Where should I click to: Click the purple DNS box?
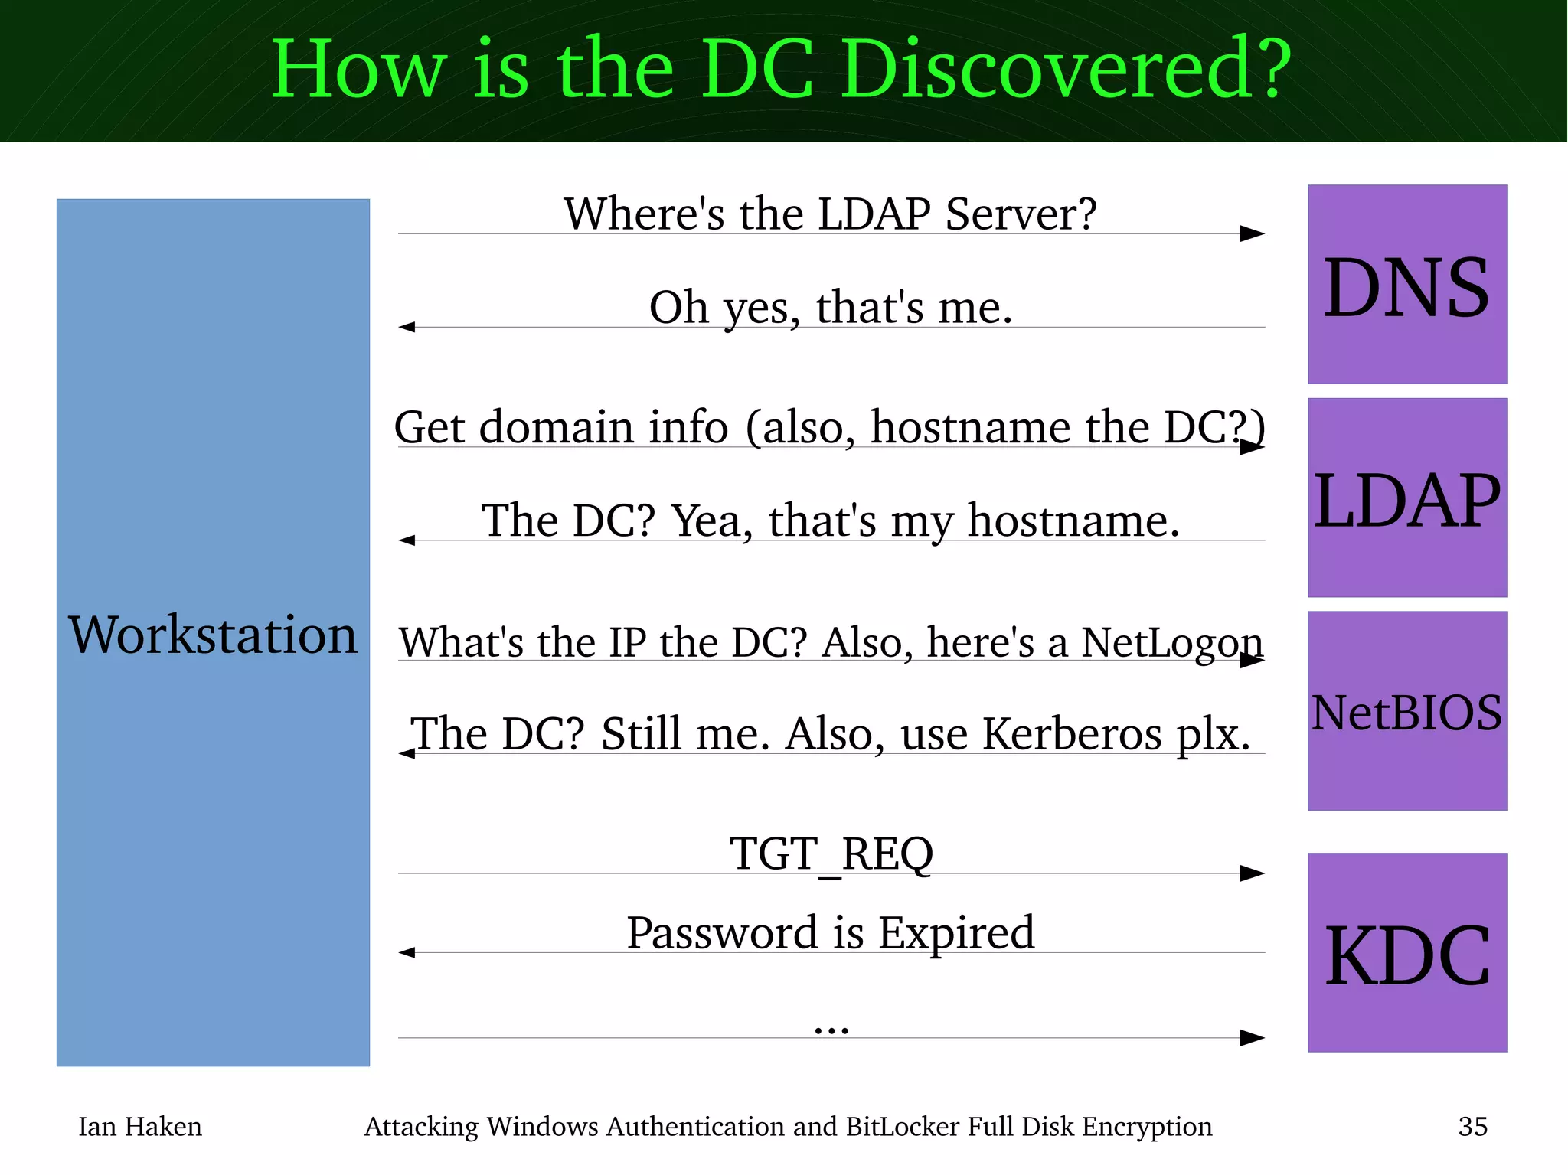click(x=1406, y=285)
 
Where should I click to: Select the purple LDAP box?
click(x=1406, y=498)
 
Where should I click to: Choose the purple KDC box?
click(x=1406, y=953)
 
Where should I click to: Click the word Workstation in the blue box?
click(x=213, y=635)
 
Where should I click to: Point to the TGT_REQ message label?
click(x=831, y=854)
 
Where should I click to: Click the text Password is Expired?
click(x=831, y=932)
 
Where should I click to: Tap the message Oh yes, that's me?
click(x=831, y=307)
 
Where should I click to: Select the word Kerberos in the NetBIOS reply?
click(x=1072, y=733)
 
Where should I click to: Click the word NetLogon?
click(x=1171, y=642)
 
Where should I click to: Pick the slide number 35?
click(x=1472, y=1126)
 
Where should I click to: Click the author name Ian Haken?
click(x=140, y=1126)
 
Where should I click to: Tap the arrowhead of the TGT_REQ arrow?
click(x=1252, y=873)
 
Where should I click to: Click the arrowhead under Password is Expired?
click(x=407, y=952)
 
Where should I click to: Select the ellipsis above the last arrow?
click(x=831, y=1030)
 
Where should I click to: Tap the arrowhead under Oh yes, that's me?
click(x=407, y=327)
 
